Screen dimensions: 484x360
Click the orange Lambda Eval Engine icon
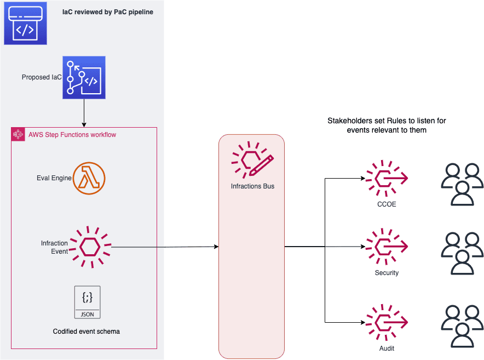(89, 178)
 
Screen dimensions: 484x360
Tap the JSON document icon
(88, 302)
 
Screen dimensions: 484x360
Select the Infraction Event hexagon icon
(90, 247)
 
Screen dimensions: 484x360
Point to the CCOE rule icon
(387, 178)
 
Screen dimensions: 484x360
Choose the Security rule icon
(387, 247)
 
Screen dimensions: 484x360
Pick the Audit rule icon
(387, 322)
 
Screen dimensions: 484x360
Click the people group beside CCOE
(462, 185)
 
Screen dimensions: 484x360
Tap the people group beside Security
(462, 253)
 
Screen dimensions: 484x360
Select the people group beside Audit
(462, 327)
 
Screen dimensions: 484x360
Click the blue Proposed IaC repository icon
(84, 78)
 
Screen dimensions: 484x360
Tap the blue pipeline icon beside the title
(25, 23)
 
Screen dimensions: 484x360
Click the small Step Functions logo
(18, 134)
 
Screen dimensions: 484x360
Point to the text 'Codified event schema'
(87, 332)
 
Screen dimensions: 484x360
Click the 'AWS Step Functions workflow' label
(72, 135)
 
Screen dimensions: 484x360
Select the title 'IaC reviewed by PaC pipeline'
(108, 12)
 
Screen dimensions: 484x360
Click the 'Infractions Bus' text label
(252, 186)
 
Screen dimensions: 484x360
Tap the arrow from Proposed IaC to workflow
(84, 113)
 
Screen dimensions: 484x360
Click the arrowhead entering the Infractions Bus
(217, 247)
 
